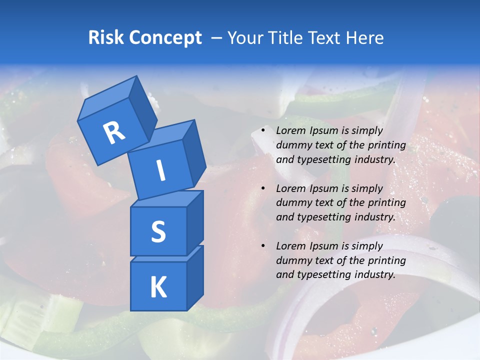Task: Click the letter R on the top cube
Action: coord(114,132)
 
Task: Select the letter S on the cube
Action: coord(158,231)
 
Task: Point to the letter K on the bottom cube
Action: coord(158,287)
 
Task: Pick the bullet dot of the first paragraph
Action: coord(263,131)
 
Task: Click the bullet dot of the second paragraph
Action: coord(263,189)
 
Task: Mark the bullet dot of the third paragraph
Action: coord(263,246)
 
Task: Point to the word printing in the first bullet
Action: coord(386,145)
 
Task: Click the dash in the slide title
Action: coord(217,37)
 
